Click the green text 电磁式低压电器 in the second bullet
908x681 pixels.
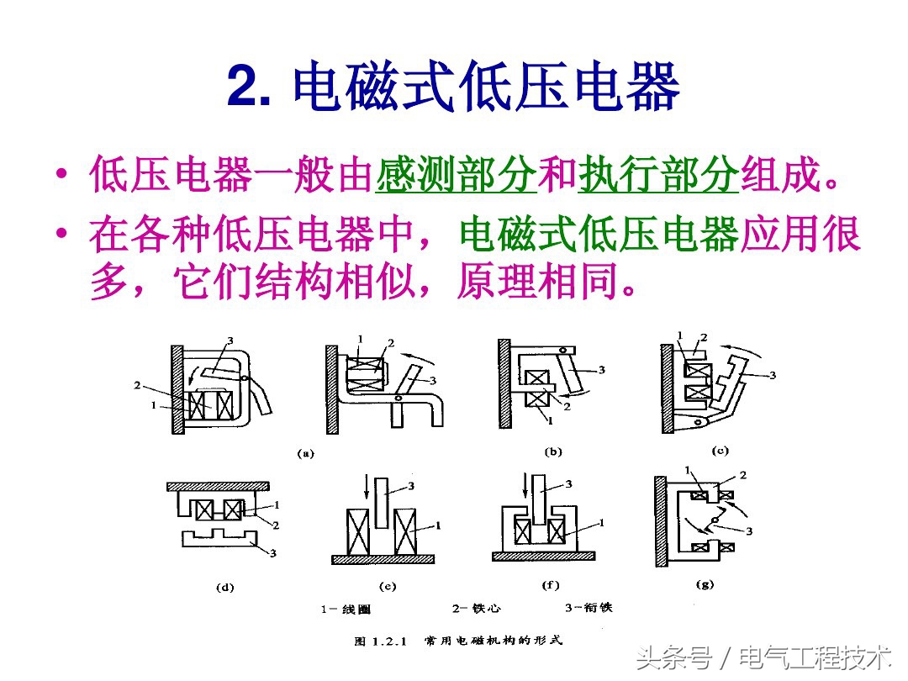click(599, 236)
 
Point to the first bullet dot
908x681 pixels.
click(61, 176)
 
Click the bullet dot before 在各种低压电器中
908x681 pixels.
click(61, 235)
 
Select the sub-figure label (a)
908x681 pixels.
click(305, 453)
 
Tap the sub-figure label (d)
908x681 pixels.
click(224, 588)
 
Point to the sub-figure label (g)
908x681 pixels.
click(704, 584)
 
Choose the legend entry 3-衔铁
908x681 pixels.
click(589, 608)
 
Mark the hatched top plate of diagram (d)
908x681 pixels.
click(217, 487)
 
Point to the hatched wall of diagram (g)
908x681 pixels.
click(663, 520)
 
